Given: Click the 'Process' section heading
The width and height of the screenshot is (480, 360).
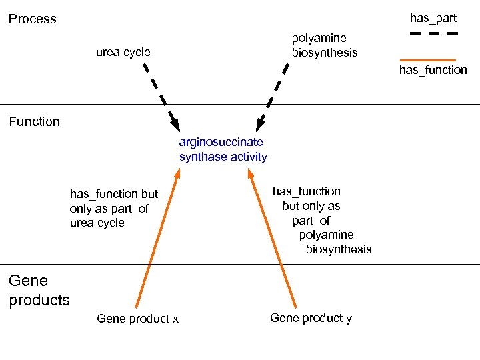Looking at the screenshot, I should point(32,19).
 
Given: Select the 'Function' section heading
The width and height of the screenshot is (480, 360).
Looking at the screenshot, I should point(34,121).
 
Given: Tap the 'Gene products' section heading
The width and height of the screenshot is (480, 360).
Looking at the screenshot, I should point(39,291).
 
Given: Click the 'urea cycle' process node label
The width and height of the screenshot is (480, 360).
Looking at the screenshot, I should point(123,52).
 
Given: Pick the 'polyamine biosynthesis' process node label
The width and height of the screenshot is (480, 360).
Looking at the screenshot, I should point(324,45).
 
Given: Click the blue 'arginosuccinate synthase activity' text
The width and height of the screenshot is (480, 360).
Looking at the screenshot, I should point(223,149).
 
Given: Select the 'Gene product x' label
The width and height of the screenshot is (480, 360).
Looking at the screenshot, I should point(137,319).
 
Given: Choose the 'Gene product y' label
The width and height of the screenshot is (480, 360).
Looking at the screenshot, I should point(311,318).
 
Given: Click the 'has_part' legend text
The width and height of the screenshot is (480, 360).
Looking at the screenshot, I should point(433,18).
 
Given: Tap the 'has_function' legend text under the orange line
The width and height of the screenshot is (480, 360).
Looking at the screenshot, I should point(433,70).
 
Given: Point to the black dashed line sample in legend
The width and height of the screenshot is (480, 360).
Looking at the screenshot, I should point(433,33).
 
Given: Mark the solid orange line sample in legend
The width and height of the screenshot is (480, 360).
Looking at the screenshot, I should point(433,60).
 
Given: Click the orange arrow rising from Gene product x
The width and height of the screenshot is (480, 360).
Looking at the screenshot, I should point(157,240).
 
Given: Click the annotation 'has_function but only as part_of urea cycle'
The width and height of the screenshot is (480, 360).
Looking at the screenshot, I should point(113,209).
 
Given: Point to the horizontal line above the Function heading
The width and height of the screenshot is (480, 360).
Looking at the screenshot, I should point(240,105).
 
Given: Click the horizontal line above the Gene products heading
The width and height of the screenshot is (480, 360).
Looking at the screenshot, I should point(240,265).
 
